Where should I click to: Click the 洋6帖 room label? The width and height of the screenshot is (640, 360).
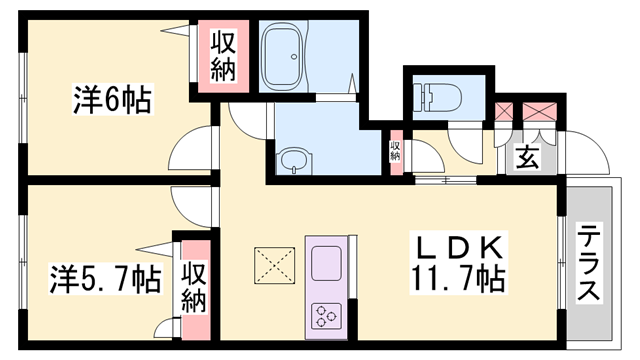111,101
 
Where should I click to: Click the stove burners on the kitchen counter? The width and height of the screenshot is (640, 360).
327,316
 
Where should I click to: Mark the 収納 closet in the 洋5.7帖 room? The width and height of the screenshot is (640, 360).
193,288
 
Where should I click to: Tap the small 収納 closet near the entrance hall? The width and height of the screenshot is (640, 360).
396,151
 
